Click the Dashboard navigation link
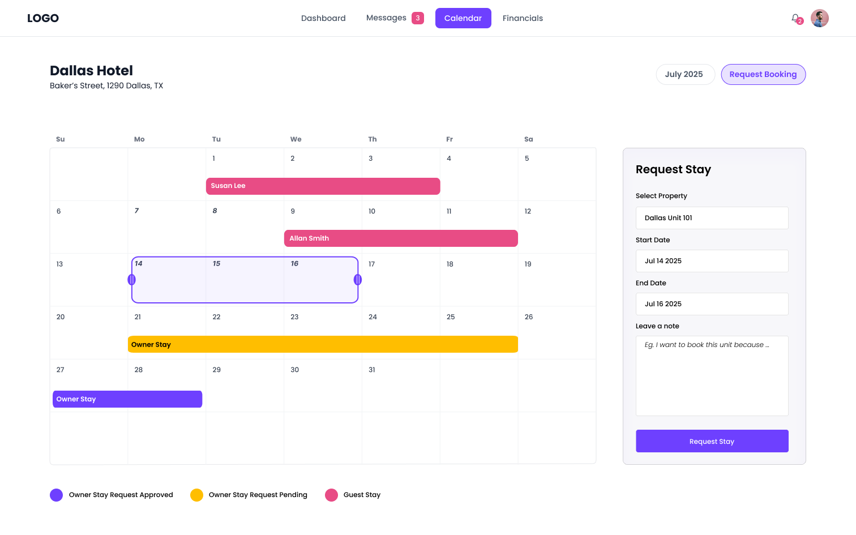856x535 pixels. [x=323, y=18]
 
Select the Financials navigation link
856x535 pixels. [x=523, y=18]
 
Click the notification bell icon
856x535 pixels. [x=795, y=18]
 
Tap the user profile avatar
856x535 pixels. [x=819, y=18]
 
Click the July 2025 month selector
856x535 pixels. [x=684, y=74]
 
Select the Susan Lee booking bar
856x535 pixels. [x=323, y=186]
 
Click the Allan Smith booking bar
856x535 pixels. [x=401, y=238]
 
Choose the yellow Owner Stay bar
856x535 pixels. [x=323, y=344]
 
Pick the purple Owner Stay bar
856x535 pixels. [x=127, y=399]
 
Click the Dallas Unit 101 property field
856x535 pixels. [x=712, y=218]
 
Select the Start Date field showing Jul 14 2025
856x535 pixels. [x=712, y=261]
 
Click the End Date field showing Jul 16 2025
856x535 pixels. [x=712, y=304]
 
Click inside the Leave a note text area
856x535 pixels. [x=712, y=376]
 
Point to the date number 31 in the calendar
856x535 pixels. [x=372, y=370]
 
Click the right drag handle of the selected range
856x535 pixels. [x=358, y=280]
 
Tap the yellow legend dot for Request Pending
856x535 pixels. [x=196, y=495]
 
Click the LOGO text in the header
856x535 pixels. [x=43, y=18]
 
